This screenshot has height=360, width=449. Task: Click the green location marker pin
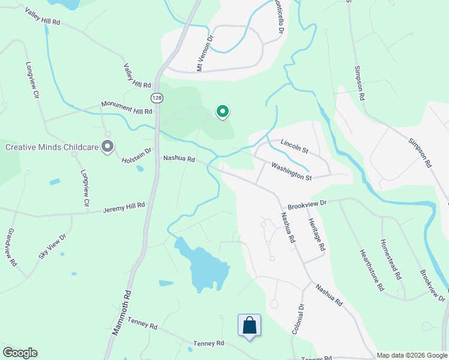[222, 112]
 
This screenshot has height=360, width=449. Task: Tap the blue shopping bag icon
[250, 326]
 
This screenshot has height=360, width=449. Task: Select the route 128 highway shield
[156, 97]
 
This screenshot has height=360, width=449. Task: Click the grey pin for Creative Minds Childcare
[107, 146]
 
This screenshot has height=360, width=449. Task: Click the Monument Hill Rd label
[127, 107]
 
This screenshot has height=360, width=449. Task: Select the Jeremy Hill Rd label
[124, 208]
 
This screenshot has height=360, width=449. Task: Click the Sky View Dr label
[52, 246]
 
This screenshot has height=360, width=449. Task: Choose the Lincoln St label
[294, 145]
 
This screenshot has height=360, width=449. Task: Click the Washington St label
[291, 171]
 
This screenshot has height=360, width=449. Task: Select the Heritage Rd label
[317, 235]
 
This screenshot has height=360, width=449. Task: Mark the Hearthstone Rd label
[371, 270]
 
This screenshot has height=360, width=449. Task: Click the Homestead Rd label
[390, 260]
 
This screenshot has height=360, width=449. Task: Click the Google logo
[20, 353]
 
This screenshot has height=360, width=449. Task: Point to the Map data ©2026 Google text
[412, 355]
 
